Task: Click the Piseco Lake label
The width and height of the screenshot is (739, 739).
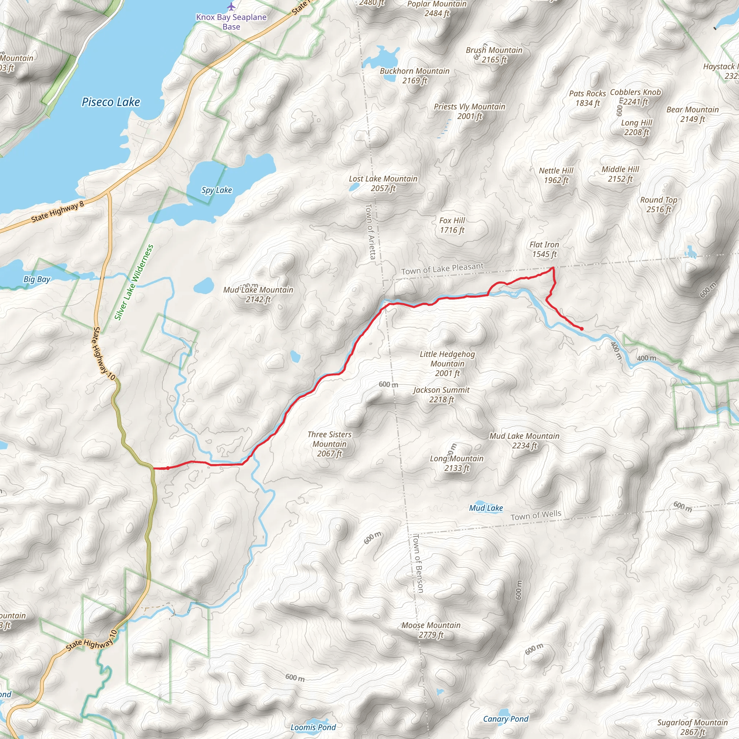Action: coord(111,102)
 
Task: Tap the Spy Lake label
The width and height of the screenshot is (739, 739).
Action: coord(217,190)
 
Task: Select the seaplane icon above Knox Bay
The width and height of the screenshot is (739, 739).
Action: coord(231,6)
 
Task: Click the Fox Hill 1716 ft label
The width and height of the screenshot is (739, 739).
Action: coord(452,225)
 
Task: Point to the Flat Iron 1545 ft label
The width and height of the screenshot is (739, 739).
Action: coord(544,249)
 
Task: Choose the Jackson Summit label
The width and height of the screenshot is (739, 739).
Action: coord(441,394)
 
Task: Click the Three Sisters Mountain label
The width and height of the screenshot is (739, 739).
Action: coord(329,444)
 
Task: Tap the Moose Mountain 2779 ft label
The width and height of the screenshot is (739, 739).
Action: coord(431,630)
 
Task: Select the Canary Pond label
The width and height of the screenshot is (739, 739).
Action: coord(506,719)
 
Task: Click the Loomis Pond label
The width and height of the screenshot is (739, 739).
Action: coord(313,727)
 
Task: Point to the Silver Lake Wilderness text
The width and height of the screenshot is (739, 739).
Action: coord(134,282)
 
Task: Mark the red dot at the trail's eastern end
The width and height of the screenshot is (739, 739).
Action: coord(582,329)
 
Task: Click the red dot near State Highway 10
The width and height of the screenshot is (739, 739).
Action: coord(167,468)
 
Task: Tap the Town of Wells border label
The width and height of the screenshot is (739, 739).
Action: coord(536,515)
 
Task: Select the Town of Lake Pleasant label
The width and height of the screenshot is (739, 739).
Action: coord(442,268)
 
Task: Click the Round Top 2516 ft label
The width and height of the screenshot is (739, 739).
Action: coord(659,205)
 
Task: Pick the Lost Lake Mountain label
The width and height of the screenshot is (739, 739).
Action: coord(383,183)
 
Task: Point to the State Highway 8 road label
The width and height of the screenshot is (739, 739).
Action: coord(57,212)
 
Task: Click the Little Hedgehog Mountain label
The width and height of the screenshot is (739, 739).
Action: coord(447,363)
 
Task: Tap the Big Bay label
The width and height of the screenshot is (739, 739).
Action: coord(37,279)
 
